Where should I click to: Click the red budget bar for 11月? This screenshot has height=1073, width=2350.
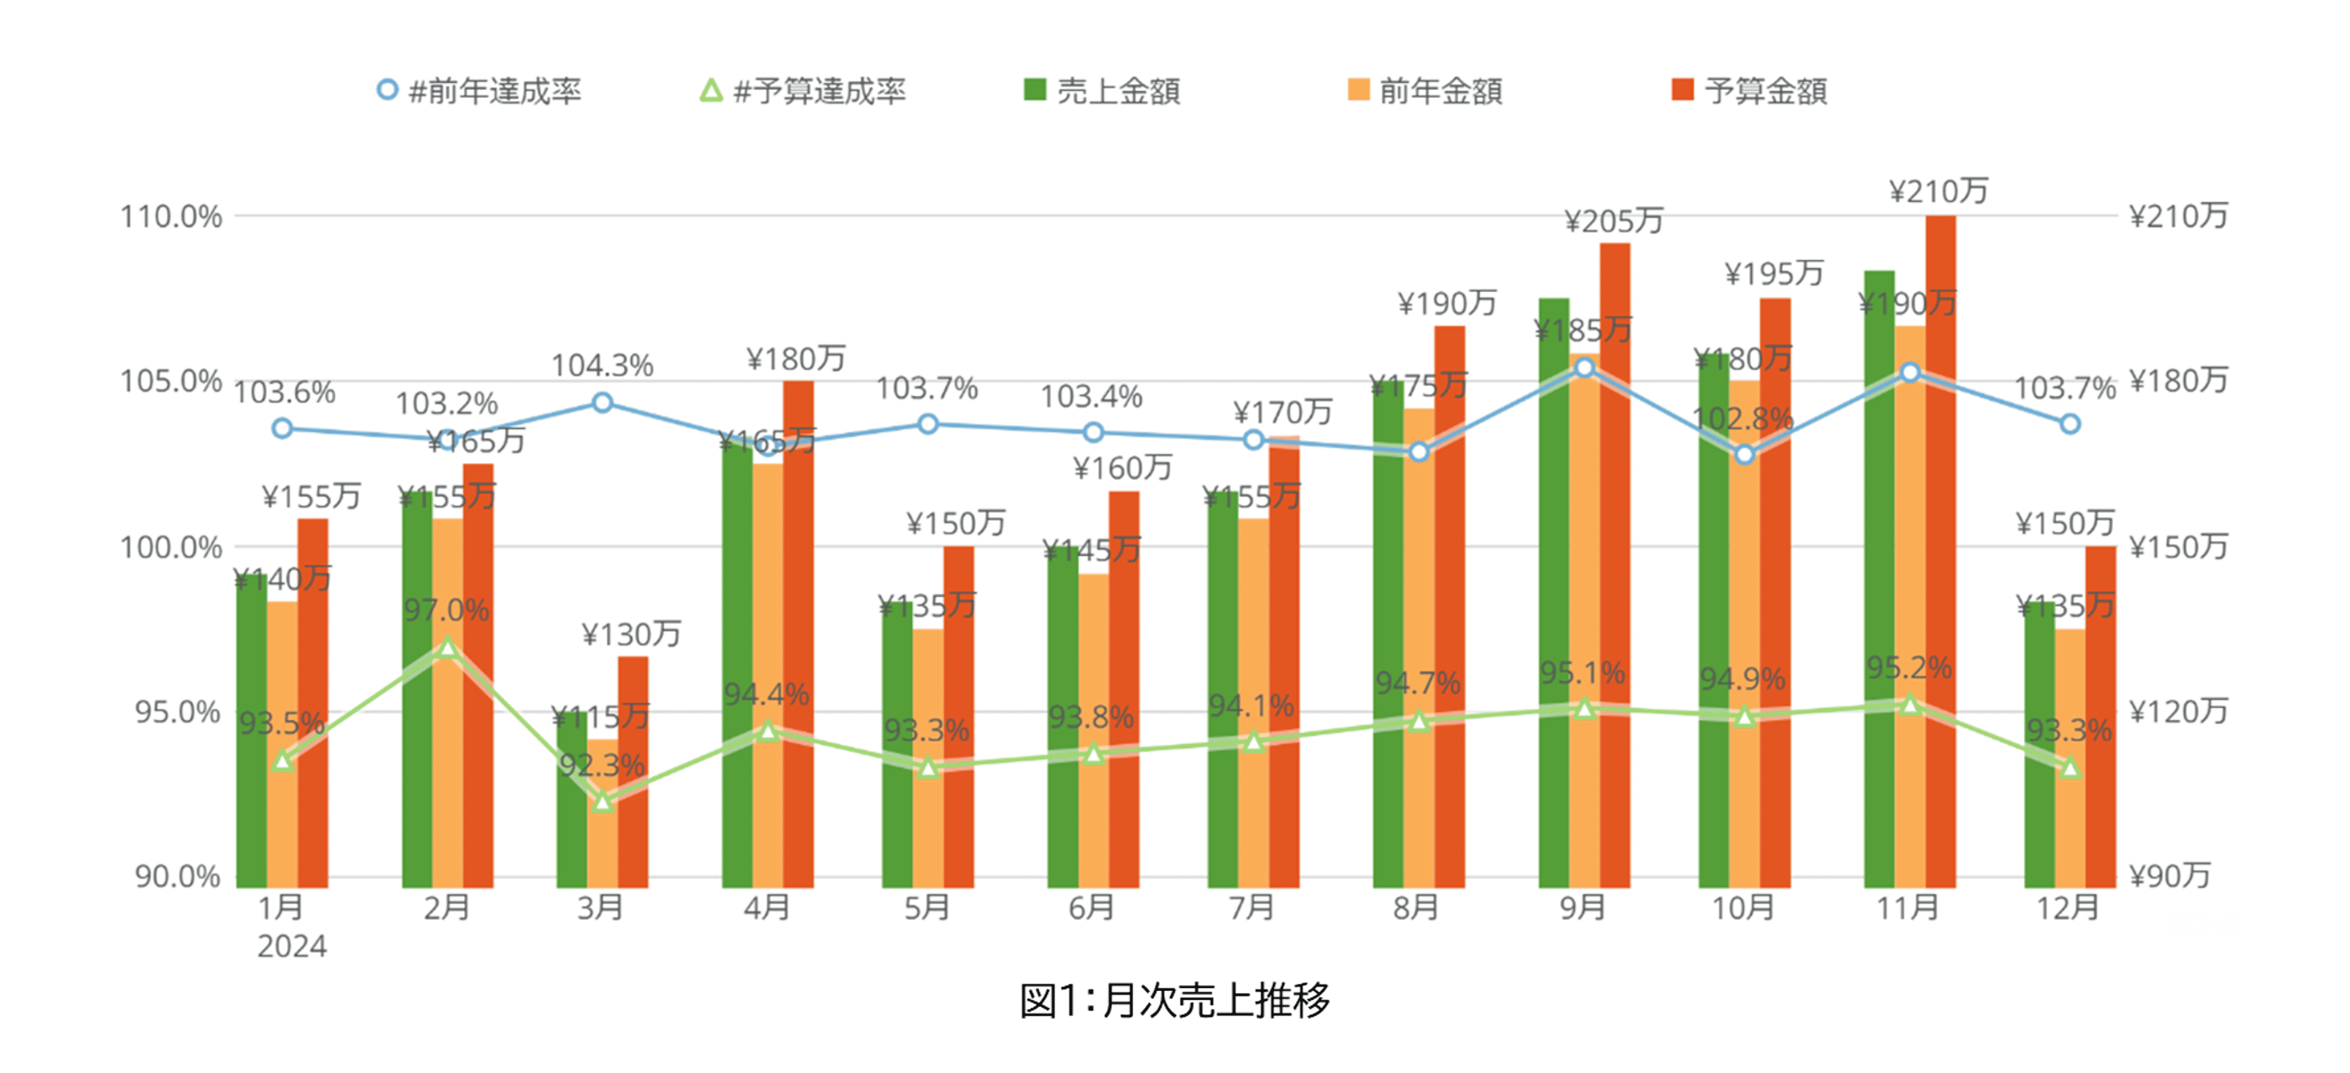click(x=1940, y=547)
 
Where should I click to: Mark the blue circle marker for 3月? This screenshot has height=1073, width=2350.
click(x=602, y=402)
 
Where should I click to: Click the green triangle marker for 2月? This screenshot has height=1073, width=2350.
click(x=447, y=648)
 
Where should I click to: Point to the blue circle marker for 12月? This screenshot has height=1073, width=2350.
click(x=2070, y=424)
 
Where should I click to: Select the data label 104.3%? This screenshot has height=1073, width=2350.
click(x=602, y=366)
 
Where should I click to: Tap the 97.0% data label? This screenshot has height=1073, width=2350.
click(x=447, y=610)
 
